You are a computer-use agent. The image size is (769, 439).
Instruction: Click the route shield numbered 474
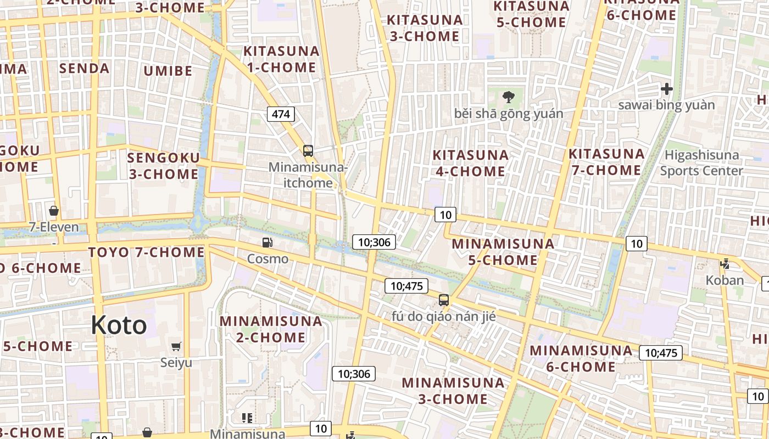tap(281, 114)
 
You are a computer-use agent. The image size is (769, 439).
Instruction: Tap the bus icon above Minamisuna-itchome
tap(308, 150)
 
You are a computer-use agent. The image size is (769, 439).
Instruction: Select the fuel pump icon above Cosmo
tap(268, 242)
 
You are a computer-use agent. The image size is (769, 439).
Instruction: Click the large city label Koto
tap(119, 325)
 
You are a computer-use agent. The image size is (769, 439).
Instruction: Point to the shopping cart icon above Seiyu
tap(176, 346)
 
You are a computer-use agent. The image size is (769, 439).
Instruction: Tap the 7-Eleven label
tap(54, 227)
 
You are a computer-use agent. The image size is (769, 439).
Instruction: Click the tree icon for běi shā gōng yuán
tap(509, 97)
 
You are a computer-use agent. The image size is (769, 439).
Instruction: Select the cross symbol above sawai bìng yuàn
tap(667, 88)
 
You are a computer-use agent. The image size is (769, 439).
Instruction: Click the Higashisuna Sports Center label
tap(701, 162)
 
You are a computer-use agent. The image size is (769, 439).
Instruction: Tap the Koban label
tap(725, 280)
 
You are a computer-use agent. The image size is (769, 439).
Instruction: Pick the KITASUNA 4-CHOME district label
tap(470, 163)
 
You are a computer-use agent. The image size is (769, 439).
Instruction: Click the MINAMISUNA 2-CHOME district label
tap(271, 329)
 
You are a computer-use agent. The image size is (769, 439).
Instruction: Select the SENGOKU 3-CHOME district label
tap(163, 166)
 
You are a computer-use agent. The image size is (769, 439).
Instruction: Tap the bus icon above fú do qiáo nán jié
tap(443, 300)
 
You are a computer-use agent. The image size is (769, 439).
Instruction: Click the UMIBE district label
tap(168, 71)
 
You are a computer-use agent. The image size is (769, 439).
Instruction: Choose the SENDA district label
tap(84, 68)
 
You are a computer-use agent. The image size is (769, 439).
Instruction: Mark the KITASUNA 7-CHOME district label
tap(606, 162)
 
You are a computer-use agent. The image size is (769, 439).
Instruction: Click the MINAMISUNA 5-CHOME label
tap(503, 251)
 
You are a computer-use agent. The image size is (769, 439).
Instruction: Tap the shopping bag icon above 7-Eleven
tap(54, 210)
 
